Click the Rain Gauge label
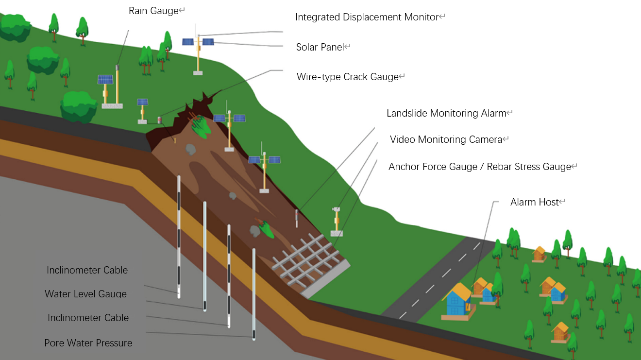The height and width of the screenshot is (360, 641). (x=153, y=11)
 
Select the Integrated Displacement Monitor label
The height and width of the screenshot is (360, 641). (x=367, y=17)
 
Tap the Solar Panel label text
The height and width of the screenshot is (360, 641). (x=320, y=47)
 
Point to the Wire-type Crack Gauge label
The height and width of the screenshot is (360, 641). (x=348, y=77)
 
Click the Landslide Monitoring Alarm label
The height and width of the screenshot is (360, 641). (x=446, y=113)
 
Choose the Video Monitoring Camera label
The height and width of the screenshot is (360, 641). (x=446, y=139)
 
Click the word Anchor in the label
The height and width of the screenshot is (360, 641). (x=402, y=167)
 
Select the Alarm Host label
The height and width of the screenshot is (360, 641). (x=535, y=202)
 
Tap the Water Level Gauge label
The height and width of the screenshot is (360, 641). (x=85, y=294)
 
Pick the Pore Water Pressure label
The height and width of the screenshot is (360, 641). (x=88, y=343)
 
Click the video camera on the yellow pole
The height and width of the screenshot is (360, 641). (x=336, y=209)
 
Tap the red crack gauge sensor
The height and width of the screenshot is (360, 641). (x=160, y=120)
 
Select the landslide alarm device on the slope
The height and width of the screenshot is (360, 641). (x=297, y=218)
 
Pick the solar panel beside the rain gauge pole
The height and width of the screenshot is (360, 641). (x=105, y=79)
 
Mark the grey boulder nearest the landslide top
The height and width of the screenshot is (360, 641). (x=190, y=149)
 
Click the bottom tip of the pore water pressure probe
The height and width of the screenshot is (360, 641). (x=254, y=340)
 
